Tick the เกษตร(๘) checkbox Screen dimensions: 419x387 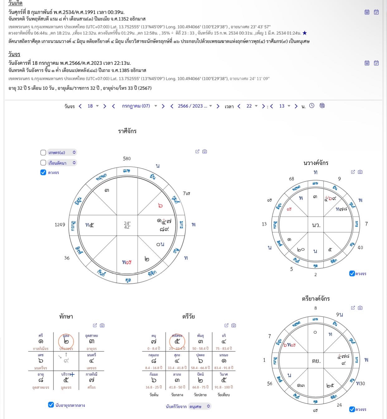[43, 152]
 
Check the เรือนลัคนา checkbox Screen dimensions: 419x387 [43, 163]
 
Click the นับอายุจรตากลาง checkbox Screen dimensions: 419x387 [51, 405]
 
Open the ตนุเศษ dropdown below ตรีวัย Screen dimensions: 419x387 [199, 406]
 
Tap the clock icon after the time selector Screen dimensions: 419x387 [312, 106]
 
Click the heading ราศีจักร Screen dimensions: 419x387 [127, 131]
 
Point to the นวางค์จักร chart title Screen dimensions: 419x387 [316, 163]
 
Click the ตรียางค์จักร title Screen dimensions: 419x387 [316, 299]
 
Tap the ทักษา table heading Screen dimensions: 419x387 [66, 316]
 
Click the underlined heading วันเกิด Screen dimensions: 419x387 [15, 3]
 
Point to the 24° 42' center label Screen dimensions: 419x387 [127, 225]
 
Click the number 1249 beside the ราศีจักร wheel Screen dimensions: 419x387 [60, 224]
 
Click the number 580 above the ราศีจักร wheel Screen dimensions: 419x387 [127, 158]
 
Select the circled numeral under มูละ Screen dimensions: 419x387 [66, 342]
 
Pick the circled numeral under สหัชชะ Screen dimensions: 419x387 [177, 342]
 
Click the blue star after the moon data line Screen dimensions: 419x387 [304, 33]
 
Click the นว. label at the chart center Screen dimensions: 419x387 [316, 225]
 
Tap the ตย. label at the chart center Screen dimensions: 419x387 [316, 361]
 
